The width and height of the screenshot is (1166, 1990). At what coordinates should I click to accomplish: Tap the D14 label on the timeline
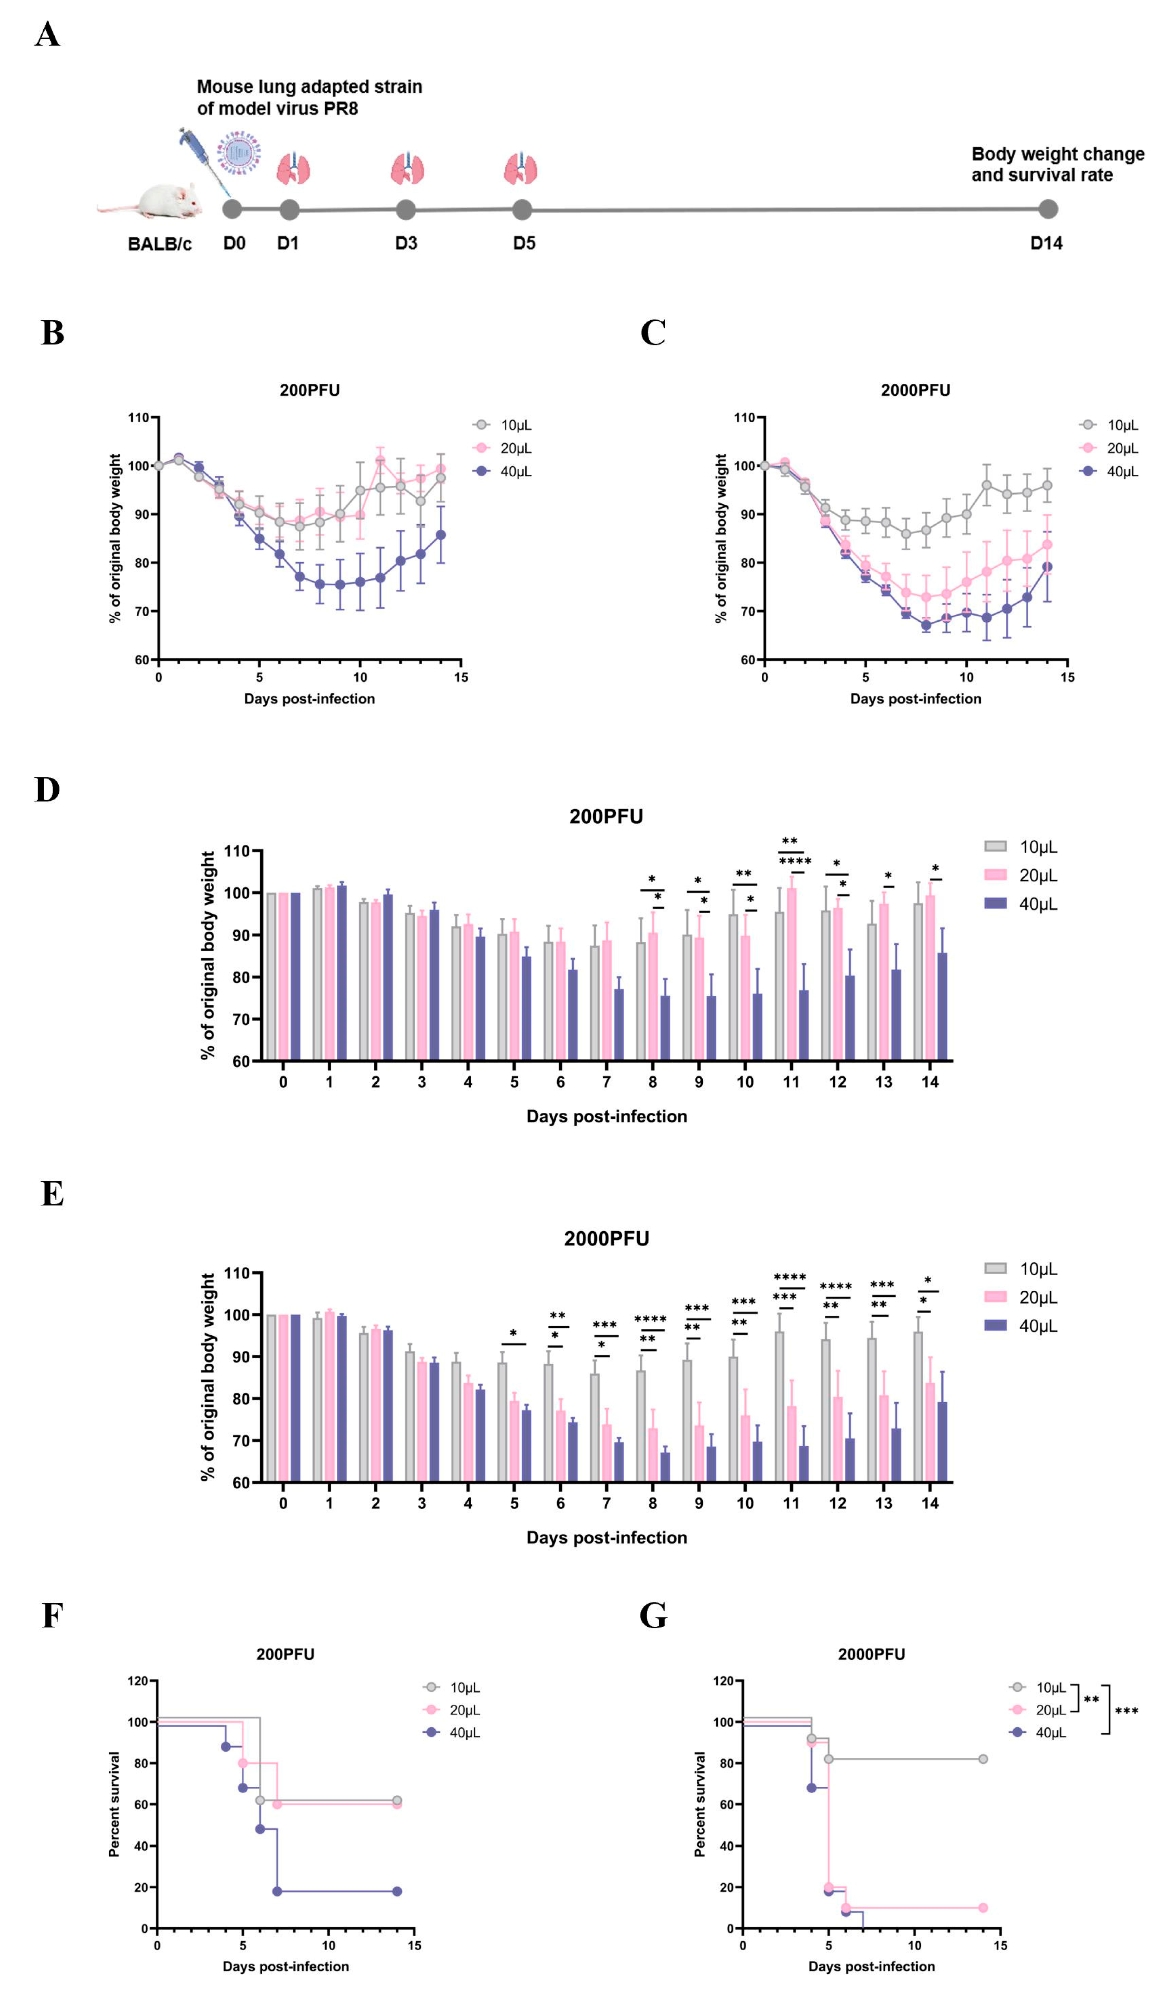point(1046,243)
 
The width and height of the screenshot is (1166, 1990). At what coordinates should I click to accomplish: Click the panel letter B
point(52,333)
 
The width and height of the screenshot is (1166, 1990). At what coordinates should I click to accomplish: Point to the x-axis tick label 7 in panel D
point(606,1082)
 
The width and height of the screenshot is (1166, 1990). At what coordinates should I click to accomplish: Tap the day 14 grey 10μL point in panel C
point(1047,486)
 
